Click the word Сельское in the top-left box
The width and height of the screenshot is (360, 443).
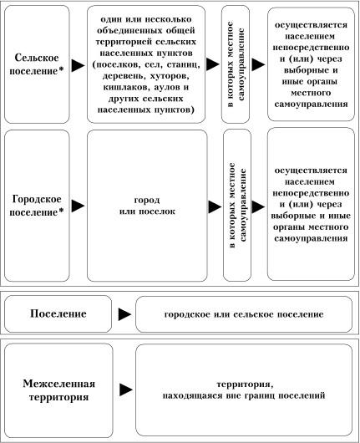coord(37,58)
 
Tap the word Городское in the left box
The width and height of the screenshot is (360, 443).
coord(37,199)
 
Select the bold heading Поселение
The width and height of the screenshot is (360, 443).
coord(58,313)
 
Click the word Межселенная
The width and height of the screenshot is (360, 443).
coord(58,384)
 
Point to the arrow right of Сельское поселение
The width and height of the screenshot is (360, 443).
coord(78,65)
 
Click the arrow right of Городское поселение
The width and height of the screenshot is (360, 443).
coord(78,206)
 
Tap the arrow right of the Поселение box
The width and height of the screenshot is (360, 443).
coord(124,314)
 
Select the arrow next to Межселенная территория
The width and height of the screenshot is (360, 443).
coord(126,390)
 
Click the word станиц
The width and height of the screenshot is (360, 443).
coord(184,64)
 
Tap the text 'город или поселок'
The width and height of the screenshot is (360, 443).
coord(147,206)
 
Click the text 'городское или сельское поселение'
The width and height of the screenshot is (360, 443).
coord(244,314)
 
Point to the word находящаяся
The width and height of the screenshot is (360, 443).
coord(193,395)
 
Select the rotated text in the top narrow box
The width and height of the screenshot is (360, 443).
coord(236,64)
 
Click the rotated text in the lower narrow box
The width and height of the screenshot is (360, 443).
coord(237,206)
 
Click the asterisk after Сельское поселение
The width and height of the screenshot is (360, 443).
coord(61,70)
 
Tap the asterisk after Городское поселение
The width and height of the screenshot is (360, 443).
coord(61,211)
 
